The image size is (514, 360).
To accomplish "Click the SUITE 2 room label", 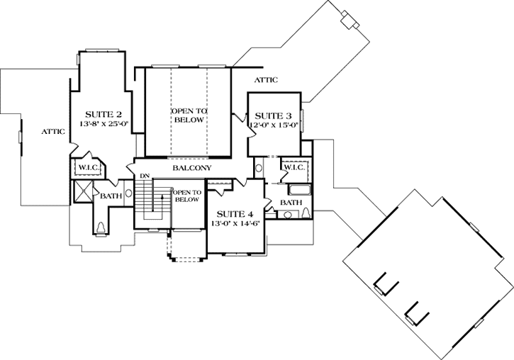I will (104, 114).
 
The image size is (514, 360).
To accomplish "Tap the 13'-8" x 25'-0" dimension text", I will (104, 124).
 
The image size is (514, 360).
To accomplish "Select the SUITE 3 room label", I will (273, 116).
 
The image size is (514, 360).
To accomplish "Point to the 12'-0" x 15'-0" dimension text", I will (273, 125).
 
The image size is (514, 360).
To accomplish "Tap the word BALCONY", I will (193, 168).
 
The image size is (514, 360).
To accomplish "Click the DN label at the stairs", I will (144, 176).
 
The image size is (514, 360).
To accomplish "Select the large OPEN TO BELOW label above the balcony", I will (188, 116).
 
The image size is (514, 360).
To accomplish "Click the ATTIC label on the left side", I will (53, 131).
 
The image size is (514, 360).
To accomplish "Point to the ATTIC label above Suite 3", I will (266, 80).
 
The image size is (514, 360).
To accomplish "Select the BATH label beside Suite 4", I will (291, 203).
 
